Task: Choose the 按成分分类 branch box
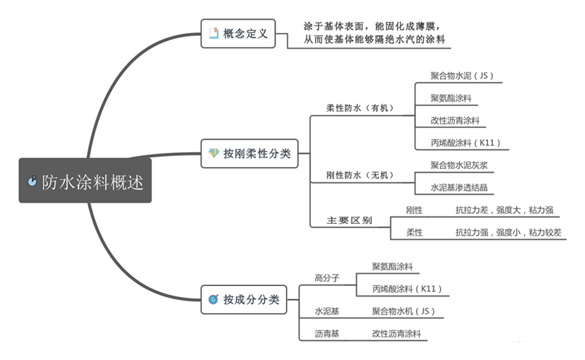pos(244,299)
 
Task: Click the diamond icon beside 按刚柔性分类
pos(214,154)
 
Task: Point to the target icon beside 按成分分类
pos(214,299)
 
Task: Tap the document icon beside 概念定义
pos(214,33)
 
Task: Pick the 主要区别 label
pos(350,220)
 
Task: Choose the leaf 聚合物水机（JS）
pos(404,311)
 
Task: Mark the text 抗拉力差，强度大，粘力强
pos(504,210)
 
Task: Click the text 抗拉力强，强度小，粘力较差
pos(508,233)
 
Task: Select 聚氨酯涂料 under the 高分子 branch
pos(397,266)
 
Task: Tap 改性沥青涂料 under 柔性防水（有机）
pos(456,120)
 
